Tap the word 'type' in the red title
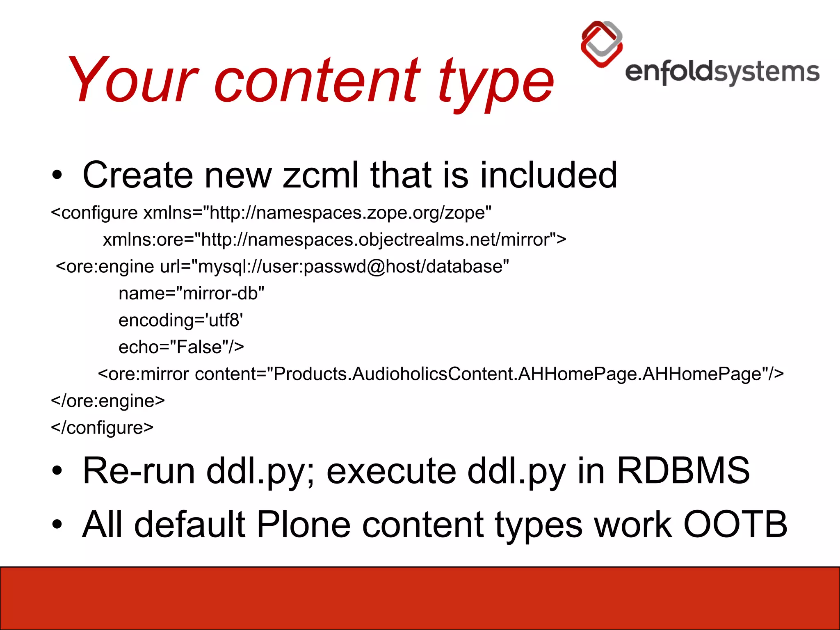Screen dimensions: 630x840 (x=496, y=84)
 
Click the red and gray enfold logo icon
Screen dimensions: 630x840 (x=602, y=44)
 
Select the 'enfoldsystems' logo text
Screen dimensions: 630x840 (x=722, y=73)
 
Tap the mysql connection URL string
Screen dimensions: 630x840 (x=353, y=267)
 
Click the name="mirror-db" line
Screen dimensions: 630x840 (x=191, y=294)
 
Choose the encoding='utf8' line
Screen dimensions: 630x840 (x=180, y=320)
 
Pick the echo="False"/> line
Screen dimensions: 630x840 (x=181, y=347)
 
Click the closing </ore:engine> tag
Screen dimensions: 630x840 (x=108, y=401)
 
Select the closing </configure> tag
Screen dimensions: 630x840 (x=102, y=428)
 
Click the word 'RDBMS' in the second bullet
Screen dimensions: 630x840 (x=683, y=471)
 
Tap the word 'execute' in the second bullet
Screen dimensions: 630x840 (x=391, y=471)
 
